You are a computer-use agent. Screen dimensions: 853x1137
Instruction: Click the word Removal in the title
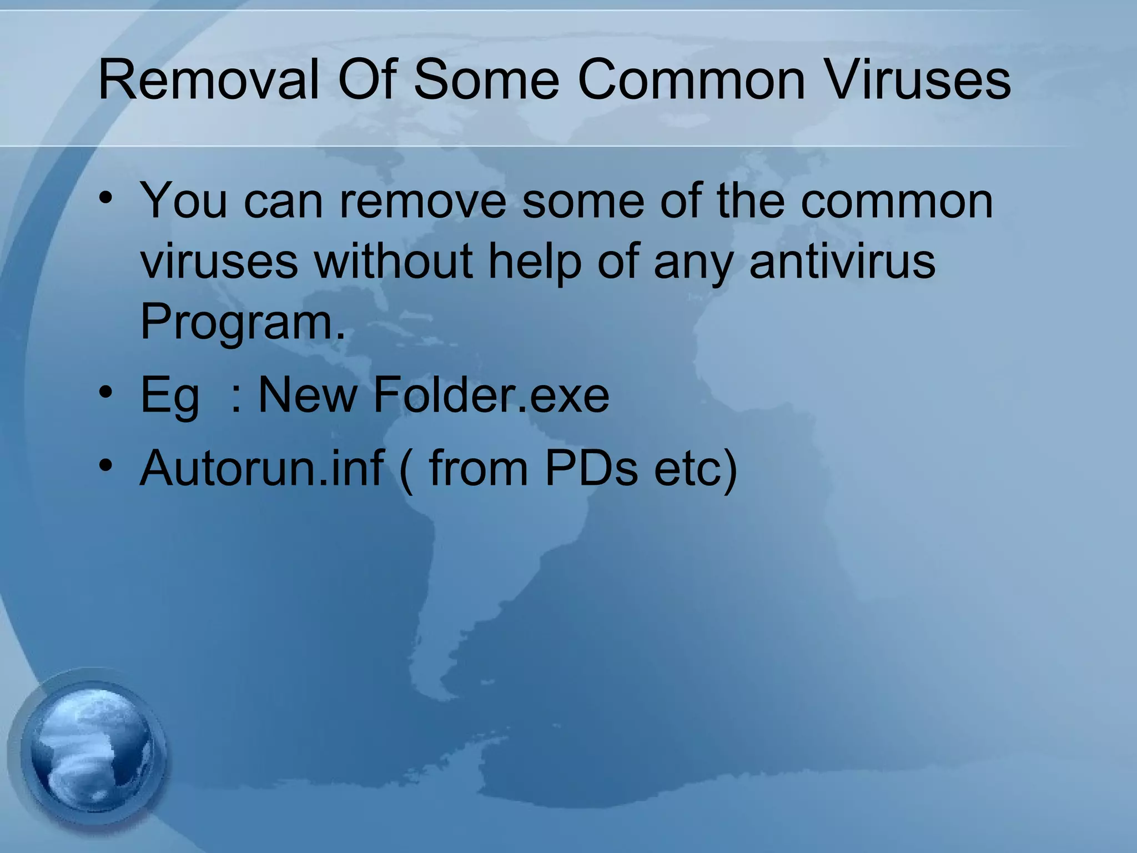pyautogui.click(x=209, y=81)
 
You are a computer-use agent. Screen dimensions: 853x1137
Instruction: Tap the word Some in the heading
pyautogui.click(x=486, y=81)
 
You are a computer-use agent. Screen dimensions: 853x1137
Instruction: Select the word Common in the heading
pyautogui.click(x=691, y=81)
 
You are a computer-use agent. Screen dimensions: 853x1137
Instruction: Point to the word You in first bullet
pyautogui.click(x=184, y=201)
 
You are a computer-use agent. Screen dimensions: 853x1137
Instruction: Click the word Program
pyautogui.click(x=242, y=323)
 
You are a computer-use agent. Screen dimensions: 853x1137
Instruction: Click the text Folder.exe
pyautogui.click(x=491, y=395)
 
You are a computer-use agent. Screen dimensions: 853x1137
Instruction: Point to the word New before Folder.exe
pyautogui.click(x=308, y=395)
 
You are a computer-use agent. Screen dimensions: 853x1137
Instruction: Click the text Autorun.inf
pyautogui.click(x=261, y=468)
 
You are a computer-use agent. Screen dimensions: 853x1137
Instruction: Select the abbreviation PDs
pyautogui.click(x=591, y=468)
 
